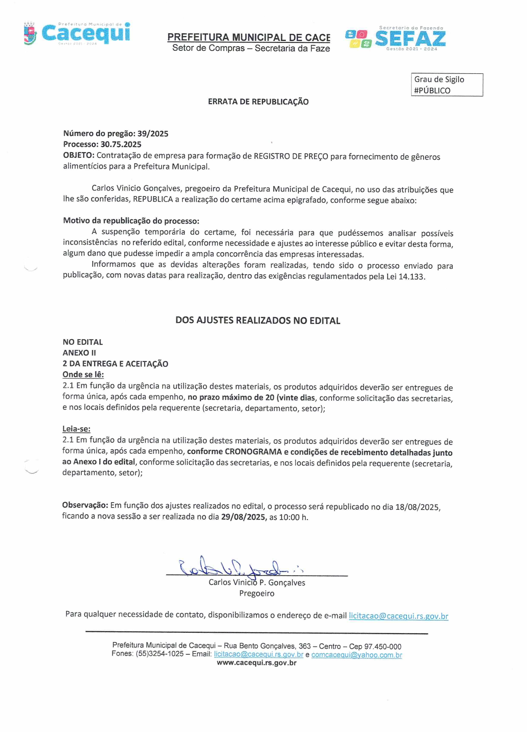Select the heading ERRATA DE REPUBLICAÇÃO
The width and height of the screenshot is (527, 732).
(x=258, y=102)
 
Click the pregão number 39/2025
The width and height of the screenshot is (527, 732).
(x=153, y=134)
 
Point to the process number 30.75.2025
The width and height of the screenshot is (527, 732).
(x=121, y=144)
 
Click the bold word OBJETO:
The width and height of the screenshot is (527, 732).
(x=79, y=155)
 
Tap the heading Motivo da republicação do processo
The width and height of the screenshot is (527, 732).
(x=131, y=221)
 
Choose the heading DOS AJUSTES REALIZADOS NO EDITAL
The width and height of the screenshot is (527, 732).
(x=258, y=320)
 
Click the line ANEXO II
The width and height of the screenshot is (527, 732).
(x=79, y=353)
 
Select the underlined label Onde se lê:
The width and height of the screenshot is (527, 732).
(x=83, y=374)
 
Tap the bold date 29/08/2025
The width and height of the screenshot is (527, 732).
(x=243, y=517)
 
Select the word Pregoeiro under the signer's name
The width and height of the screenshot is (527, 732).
(x=256, y=593)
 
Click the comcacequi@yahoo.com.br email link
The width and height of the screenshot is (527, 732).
(x=356, y=655)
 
